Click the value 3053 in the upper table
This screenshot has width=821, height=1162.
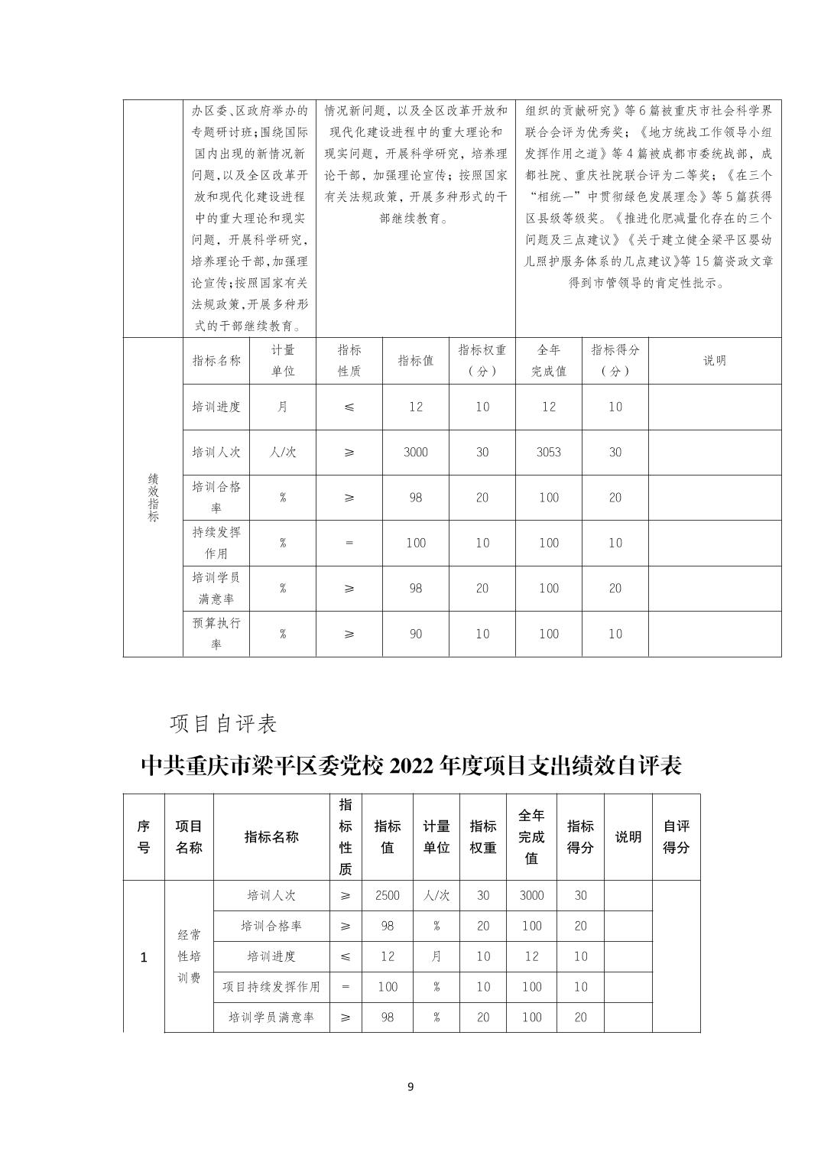tap(548, 452)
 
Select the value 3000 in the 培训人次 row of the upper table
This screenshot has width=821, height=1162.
tap(415, 452)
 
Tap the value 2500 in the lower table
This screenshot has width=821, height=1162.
tap(388, 895)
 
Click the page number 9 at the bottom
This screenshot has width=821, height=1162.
tap(411, 1087)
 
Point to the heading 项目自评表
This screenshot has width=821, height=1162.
tap(223, 723)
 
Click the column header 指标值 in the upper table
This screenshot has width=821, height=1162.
tap(415, 361)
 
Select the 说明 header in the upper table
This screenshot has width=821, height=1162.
tap(714, 361)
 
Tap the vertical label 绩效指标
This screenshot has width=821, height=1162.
tap(153, 497)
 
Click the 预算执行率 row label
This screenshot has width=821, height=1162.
tap(216, 634)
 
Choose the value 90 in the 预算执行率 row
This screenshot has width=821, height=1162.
tap(415, 634)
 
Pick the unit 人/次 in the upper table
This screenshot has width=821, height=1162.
tap(282, 452)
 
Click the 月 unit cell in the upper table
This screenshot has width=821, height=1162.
tap(282, 407)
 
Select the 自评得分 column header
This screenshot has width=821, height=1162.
tap(676, 836)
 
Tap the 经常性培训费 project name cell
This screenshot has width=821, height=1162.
tap(189, 956)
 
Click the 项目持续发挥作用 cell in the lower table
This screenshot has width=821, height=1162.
tap(271, 987)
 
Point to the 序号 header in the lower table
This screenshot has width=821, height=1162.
tap(144, 836)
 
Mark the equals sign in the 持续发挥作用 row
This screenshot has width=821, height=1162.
tap(349, 543)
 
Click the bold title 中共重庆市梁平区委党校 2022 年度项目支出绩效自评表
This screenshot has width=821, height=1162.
tap(411, 765)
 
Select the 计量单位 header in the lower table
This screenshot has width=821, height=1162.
tap(436, 836)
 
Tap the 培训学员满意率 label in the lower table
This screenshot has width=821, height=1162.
tap(271, 1018)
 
